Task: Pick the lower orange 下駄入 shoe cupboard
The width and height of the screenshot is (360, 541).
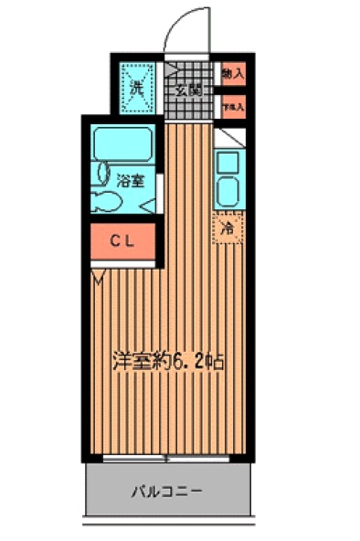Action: coord(231,105)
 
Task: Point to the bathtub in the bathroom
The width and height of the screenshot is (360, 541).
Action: coord(125,143)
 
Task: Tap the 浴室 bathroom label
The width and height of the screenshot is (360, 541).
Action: coord(130,180)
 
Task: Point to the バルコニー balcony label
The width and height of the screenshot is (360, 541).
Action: coord(165,491)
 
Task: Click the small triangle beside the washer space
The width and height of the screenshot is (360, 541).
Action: coord(170,69)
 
